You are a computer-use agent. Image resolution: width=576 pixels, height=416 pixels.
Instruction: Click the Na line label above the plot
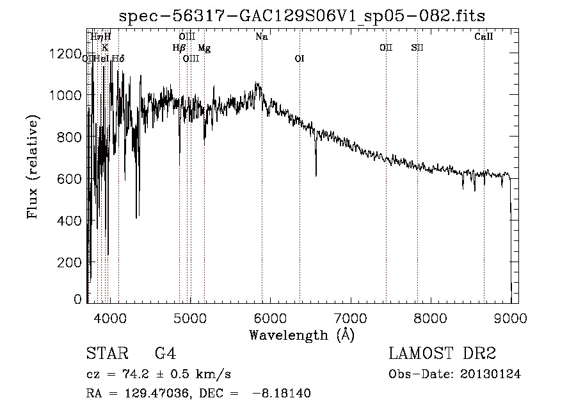261,37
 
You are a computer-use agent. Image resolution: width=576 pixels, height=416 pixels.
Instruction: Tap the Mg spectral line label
204,48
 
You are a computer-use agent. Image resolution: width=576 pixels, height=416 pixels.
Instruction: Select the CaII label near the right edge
483,37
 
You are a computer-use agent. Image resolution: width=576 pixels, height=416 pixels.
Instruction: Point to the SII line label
417,48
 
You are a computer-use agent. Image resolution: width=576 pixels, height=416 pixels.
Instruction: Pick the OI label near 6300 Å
299,59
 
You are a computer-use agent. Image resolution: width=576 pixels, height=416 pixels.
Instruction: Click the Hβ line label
179,48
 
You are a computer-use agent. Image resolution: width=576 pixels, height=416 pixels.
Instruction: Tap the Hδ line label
118,59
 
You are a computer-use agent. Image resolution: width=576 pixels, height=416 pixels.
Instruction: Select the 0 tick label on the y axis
77,299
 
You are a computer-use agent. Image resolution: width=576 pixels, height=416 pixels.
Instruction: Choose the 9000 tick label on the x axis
510,317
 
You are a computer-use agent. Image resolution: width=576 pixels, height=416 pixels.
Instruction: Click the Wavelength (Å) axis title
301,335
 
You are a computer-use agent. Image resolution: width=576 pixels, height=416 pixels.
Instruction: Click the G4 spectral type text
165,354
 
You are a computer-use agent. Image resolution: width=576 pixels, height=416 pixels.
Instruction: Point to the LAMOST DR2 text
442,354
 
